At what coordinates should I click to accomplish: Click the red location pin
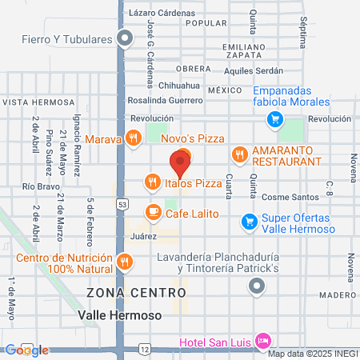[x=179, y=164]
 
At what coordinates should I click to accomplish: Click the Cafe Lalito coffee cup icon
[x=152, y=212]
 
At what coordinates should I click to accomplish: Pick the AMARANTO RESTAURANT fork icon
[x=238, y=154]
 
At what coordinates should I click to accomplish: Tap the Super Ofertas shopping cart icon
[x=249, y=222]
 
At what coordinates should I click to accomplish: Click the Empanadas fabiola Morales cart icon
[x=275, y=120]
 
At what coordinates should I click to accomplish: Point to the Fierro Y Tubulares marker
[x=125, y=38]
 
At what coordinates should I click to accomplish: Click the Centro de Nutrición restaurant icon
[x=124, y=261]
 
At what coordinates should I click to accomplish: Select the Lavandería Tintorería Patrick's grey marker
[x=257, y=286]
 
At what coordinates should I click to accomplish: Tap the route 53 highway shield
[x=122, y=204]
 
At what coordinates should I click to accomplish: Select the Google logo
[x=26, y=350]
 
